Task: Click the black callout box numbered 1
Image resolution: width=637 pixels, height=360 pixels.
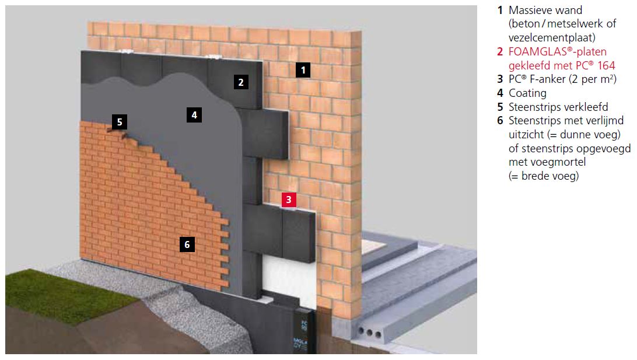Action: [303, 70]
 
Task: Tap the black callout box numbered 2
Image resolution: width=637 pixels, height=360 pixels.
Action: [241, 82]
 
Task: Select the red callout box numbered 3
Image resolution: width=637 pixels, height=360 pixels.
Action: [289, 200]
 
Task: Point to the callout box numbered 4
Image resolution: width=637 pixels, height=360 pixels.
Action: [194, 115]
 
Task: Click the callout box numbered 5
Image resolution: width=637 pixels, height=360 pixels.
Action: [120, 122]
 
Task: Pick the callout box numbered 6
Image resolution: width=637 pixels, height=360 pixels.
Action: [187, 244]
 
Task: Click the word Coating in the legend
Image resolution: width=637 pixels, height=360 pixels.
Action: [527, 93]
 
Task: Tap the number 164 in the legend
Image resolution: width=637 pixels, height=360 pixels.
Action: [606, 65]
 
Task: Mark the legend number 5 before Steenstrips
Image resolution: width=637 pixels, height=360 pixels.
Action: [500, 107]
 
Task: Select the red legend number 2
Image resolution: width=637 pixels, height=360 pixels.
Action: [500, 51]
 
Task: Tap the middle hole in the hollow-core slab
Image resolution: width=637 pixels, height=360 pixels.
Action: [369, 333]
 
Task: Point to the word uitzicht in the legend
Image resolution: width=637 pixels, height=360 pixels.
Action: [526, 135]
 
